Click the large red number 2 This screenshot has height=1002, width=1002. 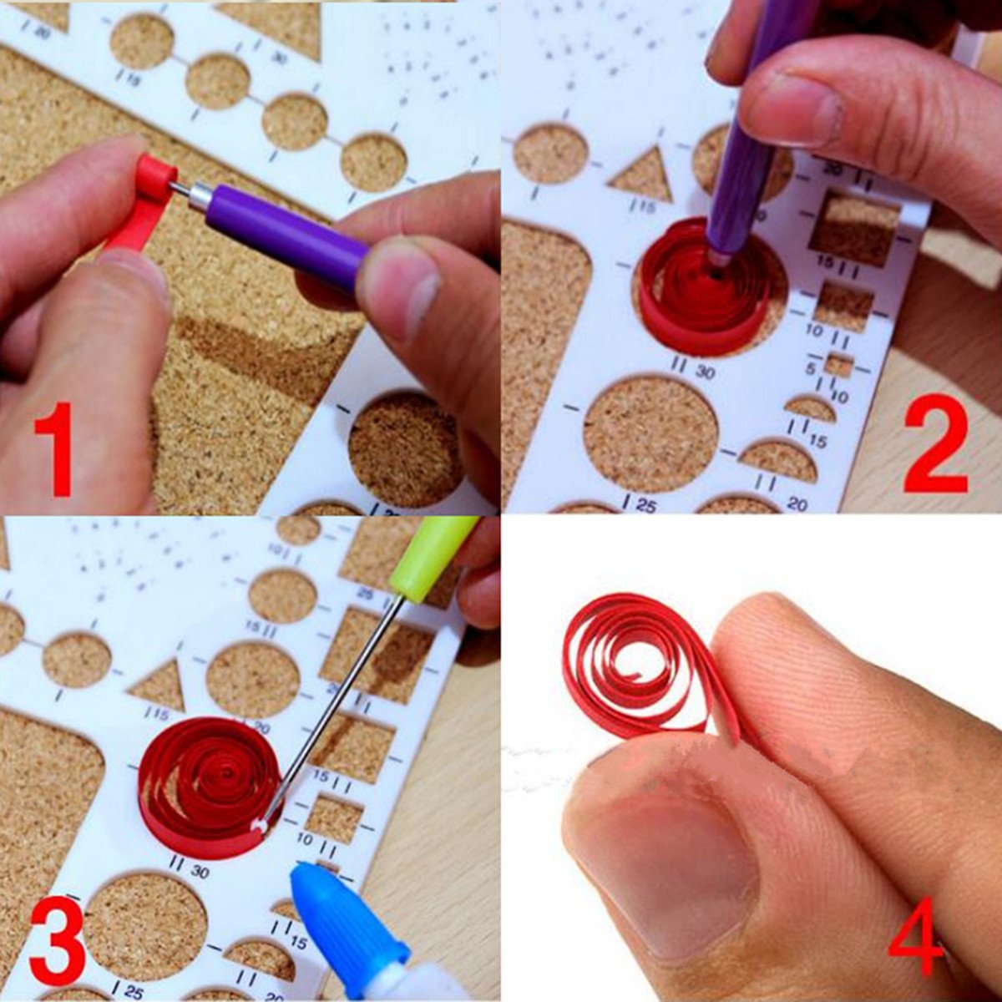(x=935, y=448)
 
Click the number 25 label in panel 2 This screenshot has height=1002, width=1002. (x=645, y=504)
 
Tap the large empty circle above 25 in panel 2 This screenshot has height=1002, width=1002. (x=650, y=433)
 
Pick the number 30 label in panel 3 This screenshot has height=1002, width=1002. (x=199, y=871)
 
